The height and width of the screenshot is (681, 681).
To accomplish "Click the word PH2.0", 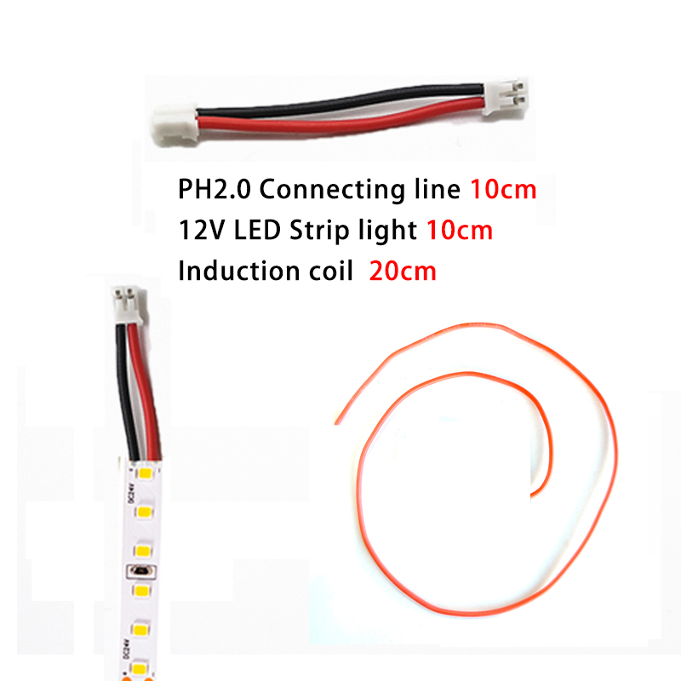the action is [x=215, y=189].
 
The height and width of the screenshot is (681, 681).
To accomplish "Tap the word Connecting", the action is [x=331, y=191].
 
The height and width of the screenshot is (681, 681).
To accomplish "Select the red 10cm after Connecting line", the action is [x=503, y=190].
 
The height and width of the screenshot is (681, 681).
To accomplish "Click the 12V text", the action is [x=202, y=230].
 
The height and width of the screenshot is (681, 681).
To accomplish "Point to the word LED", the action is [x=258, y=230].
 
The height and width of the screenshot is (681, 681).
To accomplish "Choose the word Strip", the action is [x=319, y=231].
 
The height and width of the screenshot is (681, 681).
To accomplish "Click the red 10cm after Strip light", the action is [x=460, y=230].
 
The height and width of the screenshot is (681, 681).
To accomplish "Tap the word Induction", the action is [x=239, y=271].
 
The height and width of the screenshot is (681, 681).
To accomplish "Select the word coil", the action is [x=331, y=271].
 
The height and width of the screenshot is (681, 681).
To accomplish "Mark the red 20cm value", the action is [x=403, y=272].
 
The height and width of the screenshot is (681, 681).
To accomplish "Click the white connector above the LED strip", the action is [x=127, y=306].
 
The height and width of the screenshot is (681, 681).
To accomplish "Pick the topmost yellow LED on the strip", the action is [x=145, y=472].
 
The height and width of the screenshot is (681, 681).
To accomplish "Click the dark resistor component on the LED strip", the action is [x=140, y=570].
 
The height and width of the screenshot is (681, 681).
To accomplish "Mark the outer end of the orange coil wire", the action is [x=336, y=422].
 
